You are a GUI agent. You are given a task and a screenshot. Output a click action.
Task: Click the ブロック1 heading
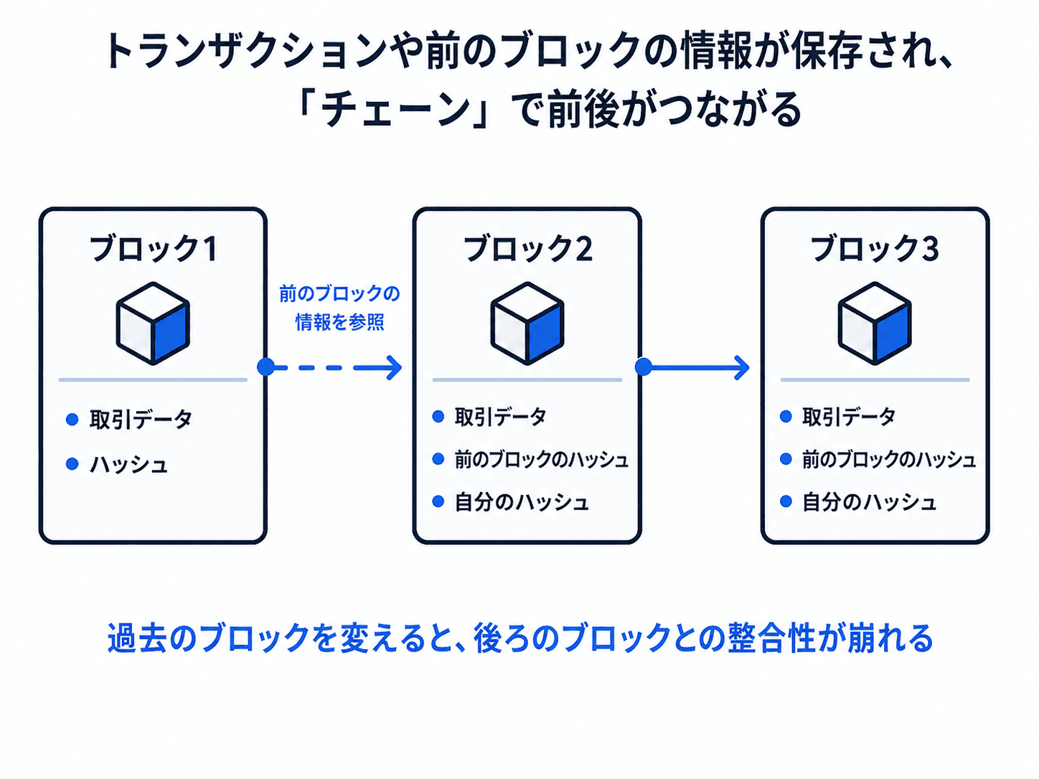154,248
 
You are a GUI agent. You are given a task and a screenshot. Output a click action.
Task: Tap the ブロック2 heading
527,248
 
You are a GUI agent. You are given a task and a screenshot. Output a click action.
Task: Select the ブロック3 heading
875,248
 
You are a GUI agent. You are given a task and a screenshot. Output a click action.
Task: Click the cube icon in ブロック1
153,324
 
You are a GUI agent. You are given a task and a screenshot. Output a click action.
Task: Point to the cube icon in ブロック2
527,324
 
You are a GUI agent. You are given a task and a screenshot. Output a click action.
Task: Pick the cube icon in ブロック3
875,324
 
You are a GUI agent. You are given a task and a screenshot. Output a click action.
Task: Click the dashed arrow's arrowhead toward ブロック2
395,367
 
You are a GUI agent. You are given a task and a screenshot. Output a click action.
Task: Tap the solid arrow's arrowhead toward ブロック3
742,367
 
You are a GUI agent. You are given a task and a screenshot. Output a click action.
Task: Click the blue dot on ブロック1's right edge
265,367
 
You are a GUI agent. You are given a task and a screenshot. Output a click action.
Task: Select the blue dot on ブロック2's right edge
644,367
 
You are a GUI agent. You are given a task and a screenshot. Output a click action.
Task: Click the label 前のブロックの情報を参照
339,308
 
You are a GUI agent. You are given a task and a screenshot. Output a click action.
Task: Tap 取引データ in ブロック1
141,420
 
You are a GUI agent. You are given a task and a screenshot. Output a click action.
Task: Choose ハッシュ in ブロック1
128,465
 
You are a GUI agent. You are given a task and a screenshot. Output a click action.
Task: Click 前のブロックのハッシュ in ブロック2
542,460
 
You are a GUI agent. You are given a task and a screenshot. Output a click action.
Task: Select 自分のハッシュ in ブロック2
522,502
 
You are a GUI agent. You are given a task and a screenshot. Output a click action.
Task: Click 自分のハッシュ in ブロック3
869,502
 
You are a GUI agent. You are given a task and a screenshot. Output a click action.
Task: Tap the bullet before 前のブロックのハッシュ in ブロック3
786,459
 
